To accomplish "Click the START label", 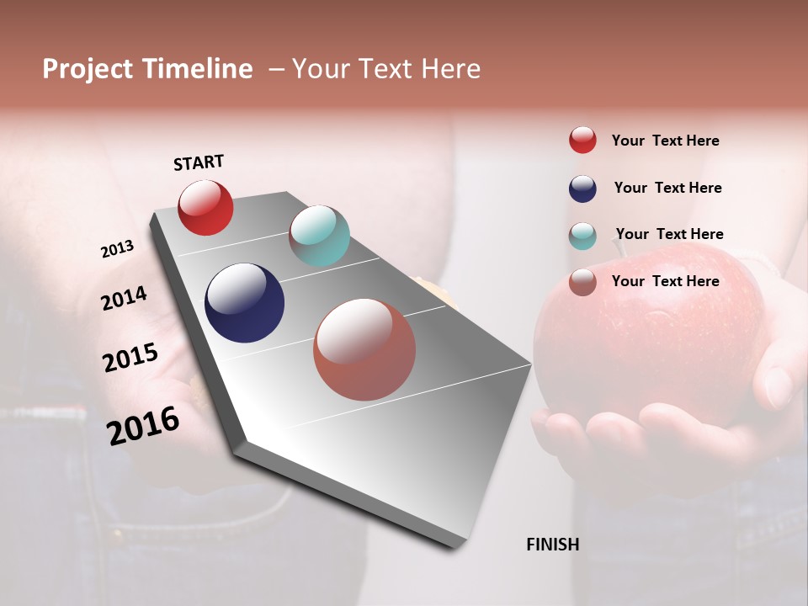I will [x=199, y=162].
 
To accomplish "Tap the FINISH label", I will [x=552, y=545].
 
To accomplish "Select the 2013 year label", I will [x=118, y=249].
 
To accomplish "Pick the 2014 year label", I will [x=124, y=298].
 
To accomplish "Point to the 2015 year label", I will [x=130, y=358].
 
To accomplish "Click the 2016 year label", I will [x=143, y=426].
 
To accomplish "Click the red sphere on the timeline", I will [x=205, y=207].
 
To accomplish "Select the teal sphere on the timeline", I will [x=319, y=236].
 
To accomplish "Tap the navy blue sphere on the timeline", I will [x=244, y=303].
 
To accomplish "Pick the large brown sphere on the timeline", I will [x=364, y=349].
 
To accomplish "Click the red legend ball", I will [x=582, y=141].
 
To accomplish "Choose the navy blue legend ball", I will [x=582, y=189].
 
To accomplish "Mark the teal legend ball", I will [x=582, y=236].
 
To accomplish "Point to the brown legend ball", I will [x=582, y=282].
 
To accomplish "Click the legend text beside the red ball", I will [x=665, y=141].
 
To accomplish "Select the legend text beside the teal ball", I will [x=669, y=234].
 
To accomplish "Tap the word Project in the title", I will [x=88, y=69].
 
